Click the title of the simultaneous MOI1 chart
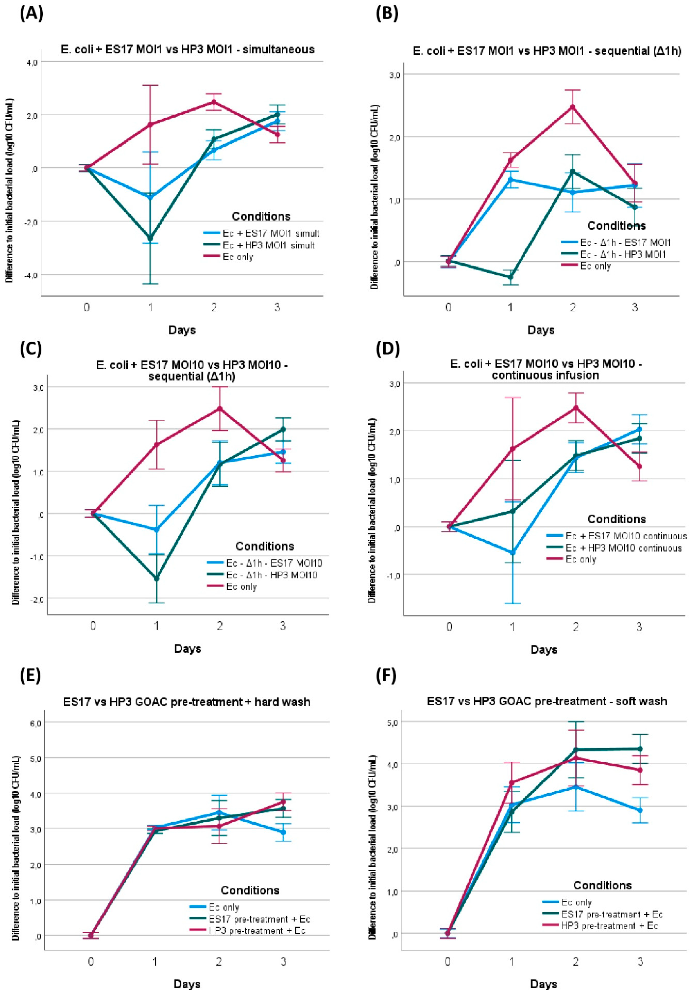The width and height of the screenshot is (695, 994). pyautogui.click(x=187, y=49)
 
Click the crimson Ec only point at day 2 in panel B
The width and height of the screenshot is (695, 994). pyautogui.click(x=573, y=107)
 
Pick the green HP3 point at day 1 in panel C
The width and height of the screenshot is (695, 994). pyautogui.click(x=156, y=578)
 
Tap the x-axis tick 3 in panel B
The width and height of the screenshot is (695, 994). pyautogui.click(x=635, y=308)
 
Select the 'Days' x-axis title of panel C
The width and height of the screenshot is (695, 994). pyautogui.click(x=187, y=649)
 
